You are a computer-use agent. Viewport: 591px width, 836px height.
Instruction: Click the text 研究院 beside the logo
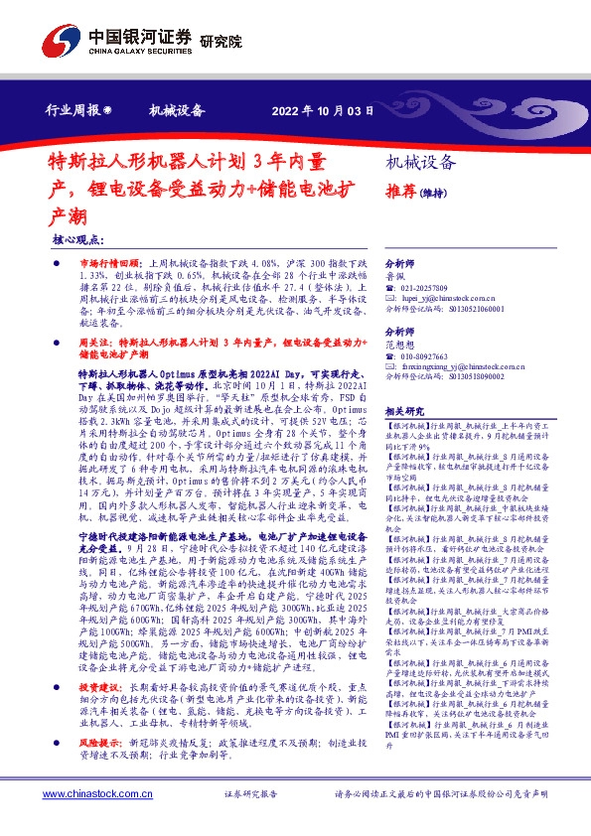220,42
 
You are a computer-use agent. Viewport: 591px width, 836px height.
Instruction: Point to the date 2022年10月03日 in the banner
322,111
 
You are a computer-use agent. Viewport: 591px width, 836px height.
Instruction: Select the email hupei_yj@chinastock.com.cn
456,297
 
